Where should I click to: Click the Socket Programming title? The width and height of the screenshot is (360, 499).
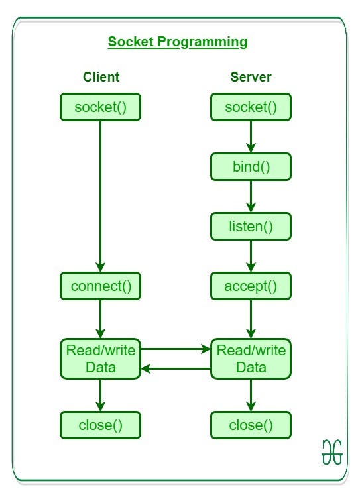pos(178,42)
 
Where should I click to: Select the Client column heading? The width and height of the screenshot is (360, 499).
pos(101,77)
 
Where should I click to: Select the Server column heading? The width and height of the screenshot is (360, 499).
pos(251,77)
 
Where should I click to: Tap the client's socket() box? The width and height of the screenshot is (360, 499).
pos(101,107)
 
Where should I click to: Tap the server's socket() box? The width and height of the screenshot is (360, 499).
pos(251,107)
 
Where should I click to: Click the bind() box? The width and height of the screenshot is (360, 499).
pos(251,166)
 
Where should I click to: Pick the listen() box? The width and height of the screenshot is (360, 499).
pos(251,226)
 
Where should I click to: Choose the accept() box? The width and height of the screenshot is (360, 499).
pos(251,286)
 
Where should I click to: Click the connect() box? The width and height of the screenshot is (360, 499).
pos(101,286)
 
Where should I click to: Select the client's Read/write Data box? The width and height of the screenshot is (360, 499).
pos(101,359)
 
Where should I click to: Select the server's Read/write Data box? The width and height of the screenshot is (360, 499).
pos(251,359)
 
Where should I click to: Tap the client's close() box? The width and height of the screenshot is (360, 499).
pos(101,425)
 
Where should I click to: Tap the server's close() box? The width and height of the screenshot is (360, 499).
pos(251,425)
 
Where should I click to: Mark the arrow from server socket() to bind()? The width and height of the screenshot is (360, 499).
pos(251,137)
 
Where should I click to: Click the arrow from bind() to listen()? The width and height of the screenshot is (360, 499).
pos(251,196)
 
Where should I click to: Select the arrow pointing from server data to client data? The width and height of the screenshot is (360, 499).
pos(176,368)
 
